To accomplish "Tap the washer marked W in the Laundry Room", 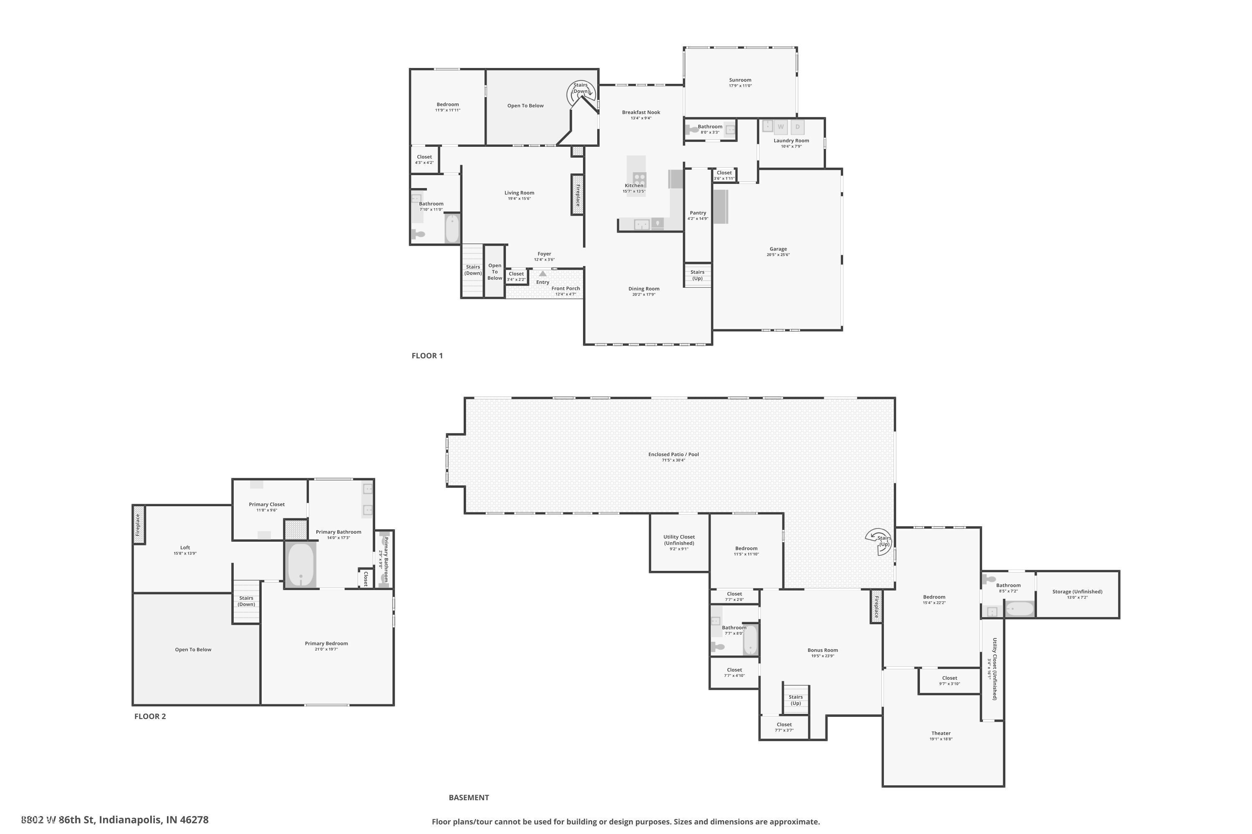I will [x=780, y=127].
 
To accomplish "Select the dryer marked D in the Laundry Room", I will [x=798, y=127].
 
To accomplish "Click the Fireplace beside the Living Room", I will [x=578, y=195].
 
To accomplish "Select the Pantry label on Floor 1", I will [x=697, y=213].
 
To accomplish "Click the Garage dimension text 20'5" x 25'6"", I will [x=778, y=255].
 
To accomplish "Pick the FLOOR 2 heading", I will [x=150, y=716].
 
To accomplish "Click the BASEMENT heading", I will [x=468, y=797].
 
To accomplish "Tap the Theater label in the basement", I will [x=941, y=733].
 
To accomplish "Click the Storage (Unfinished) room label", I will [x=1077, y=591].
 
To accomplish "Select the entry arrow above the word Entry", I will [x=543, y=274].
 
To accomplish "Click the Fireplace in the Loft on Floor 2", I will [x=139, y=525].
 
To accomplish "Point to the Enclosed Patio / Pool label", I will [x=674, y=454].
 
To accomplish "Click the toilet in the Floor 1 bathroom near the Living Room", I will [x=419, y=234].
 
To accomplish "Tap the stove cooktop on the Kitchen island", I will [x=639, y=178].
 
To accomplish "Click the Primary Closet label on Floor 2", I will [x=267, y=504].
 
